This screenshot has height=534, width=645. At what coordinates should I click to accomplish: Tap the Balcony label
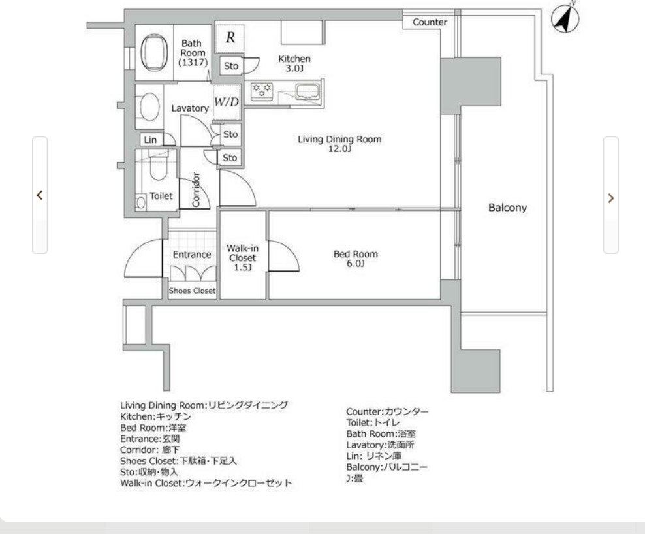click(507, 208)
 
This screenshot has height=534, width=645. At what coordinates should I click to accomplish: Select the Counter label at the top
click(430, 22)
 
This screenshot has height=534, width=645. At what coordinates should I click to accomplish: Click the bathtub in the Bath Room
click(154, 53)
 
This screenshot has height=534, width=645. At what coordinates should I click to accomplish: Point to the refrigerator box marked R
click(230, 37)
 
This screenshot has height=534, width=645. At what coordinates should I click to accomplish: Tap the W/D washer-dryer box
click(227, 102)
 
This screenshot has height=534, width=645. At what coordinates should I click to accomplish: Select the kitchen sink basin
click(307, 91)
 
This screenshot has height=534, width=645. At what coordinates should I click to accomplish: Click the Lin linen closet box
click(150, 140)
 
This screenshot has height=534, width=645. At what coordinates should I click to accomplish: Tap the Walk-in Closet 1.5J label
click(243, 258)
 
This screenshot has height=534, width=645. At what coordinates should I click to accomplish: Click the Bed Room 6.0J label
click(355, 259)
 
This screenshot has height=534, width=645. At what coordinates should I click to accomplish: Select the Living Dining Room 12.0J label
click(339, 144)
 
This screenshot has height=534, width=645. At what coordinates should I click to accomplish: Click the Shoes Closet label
click(192, 291)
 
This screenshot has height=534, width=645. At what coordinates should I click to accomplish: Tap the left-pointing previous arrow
click(39, 195)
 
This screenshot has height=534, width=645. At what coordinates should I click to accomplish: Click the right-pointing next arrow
click(611, 198)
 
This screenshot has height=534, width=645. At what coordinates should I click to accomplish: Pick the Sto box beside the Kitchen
click(231, 66)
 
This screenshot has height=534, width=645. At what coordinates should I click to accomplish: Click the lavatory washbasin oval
click(149, 106)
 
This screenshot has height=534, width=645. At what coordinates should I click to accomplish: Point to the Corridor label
click(196, 189)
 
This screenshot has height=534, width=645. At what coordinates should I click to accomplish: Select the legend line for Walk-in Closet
click(206, 483)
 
